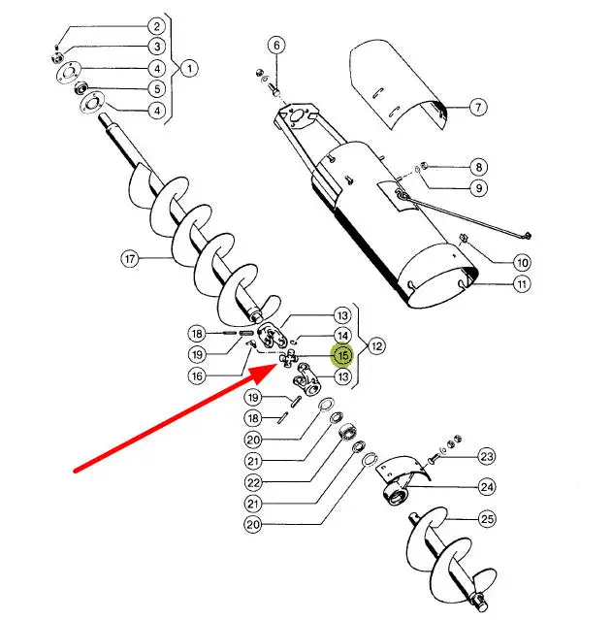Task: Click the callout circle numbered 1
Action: point(190,69)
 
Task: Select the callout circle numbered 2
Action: point(157,26)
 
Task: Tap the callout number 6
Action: point(276,45)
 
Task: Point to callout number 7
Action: point(478,107)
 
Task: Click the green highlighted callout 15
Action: point(342,355)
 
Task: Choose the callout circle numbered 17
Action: point(130,259)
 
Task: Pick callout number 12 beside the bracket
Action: point(376,346)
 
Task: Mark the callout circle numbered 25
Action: point(487,518)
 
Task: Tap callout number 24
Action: point(487,487)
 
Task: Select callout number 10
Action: point(522,263)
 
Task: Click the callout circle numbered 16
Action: point(197,375)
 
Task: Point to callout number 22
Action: point(253,482)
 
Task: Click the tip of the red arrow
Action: point(279,365)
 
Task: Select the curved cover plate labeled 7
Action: point(400,85)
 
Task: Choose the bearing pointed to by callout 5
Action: point(81,87)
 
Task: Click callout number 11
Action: point(522,284)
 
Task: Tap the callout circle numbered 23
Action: point(487,457)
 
